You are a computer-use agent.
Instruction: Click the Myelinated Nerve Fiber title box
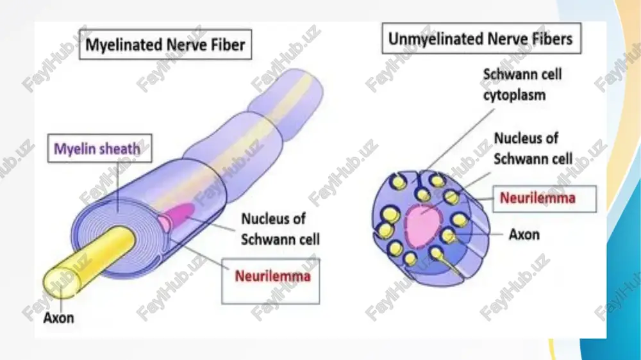(165, 44)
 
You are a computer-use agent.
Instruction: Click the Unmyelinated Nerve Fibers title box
(481, 39)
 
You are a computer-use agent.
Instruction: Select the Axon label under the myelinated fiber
(58, 318)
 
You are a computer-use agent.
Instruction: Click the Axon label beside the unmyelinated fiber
(524, 234)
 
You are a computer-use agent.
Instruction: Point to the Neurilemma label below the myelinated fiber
(272, 276)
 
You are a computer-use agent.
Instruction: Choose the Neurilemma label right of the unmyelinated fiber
(538, 198)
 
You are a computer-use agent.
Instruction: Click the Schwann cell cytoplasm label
(522, 85)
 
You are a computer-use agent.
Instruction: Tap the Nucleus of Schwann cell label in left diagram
(280, 229)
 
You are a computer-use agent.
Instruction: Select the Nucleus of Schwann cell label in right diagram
(533, 149)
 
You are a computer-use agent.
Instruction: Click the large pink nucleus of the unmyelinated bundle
(424, 226)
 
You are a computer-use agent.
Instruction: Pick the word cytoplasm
(514, 95)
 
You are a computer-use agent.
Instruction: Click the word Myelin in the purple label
(72, 149)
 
